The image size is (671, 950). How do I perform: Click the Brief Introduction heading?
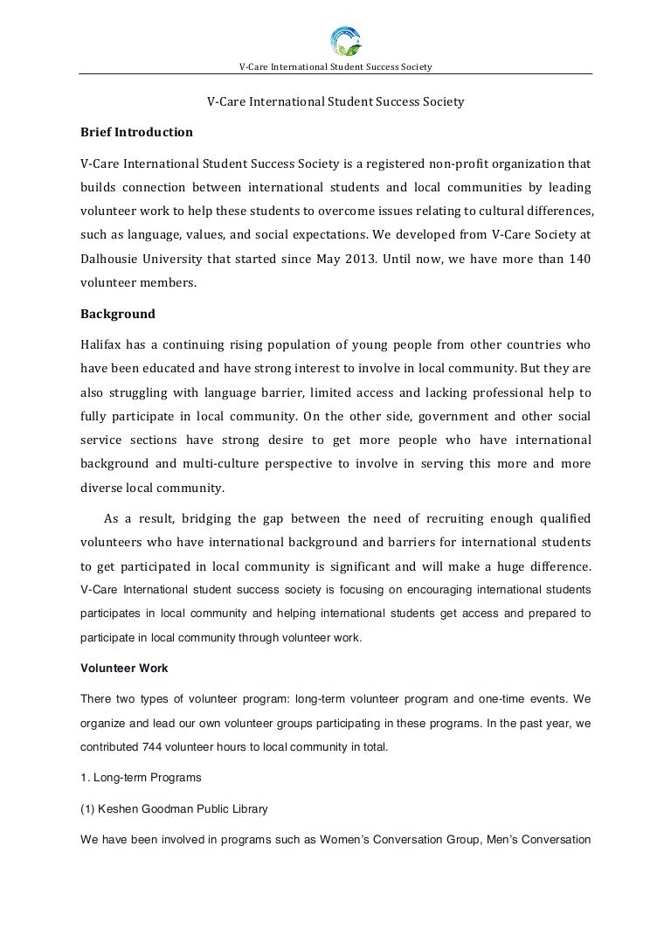(x=136, y=133)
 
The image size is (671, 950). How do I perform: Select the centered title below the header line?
(x=335, y=102)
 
